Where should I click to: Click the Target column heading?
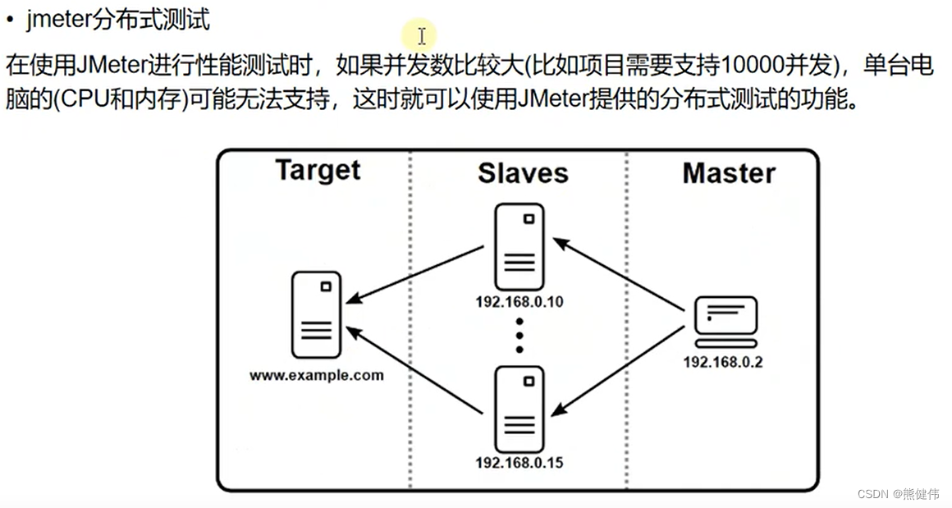[x=318, y=170]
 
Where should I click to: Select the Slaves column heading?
[x=523, y=173]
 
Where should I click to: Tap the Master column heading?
[x=729, y=173]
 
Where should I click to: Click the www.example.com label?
[x=317, y=376]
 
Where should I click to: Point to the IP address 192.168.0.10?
[x=519, y=301]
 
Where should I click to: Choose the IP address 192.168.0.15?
[x=519, y=463]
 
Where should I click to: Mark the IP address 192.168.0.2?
[x=723, y=362]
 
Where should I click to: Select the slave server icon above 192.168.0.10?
[x=519, y=246]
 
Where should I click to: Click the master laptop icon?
[x=725, y=320]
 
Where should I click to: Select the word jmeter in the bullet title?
[x=59, y=20]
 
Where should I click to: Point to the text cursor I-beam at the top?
[x=421, y=36]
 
